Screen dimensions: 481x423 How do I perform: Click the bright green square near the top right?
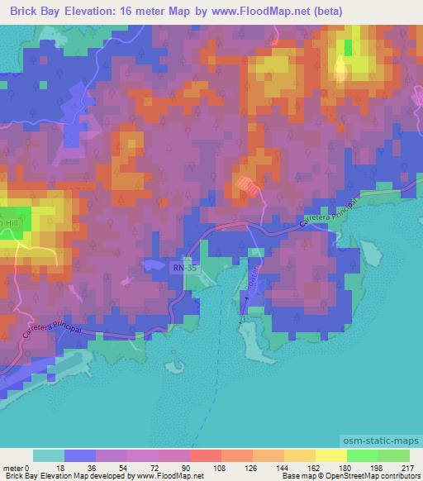[x=348, y=47]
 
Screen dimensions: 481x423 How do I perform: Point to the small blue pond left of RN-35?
[x=154, y=264]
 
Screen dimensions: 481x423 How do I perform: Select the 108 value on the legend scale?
[x=195, y=469]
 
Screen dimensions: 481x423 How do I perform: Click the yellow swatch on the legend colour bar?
[x=330, y=456]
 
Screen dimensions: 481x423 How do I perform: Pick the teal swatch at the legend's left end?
[x=48, y=456]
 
